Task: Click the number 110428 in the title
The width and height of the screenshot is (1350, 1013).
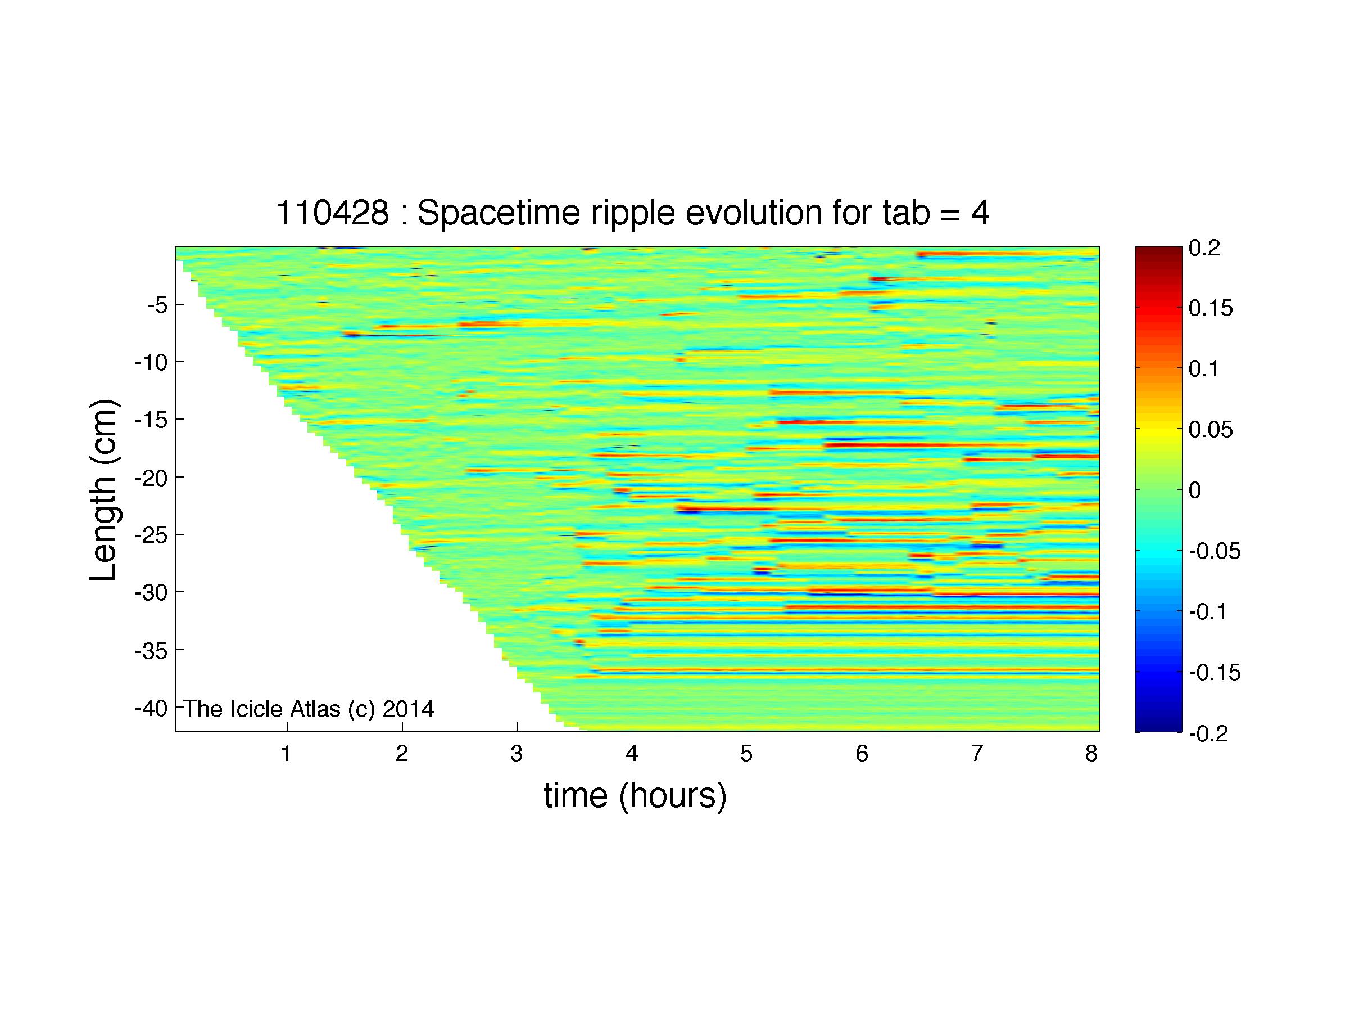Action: (x=333, y=214)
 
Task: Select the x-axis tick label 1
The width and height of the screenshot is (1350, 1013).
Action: (x=286, y=754)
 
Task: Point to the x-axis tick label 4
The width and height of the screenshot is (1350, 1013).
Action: (x=632, y=754)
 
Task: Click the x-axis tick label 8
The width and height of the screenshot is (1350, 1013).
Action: (x=1092, y=754)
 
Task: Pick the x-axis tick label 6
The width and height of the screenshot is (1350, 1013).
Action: (x=862, y=754)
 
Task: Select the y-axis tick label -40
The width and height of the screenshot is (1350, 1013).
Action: (x=151, y=708)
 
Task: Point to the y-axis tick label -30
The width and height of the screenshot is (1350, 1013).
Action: (x=151, y=592)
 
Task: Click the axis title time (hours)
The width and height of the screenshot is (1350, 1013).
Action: (x=635, y=796)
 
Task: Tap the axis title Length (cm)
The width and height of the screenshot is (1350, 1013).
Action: (x=104, y=490)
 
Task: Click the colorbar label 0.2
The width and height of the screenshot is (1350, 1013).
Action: (x=1204, y=248)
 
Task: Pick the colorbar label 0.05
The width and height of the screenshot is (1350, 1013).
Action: (x=1211, y=430)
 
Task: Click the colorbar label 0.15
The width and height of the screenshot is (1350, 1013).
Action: (x=1211, y=308)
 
